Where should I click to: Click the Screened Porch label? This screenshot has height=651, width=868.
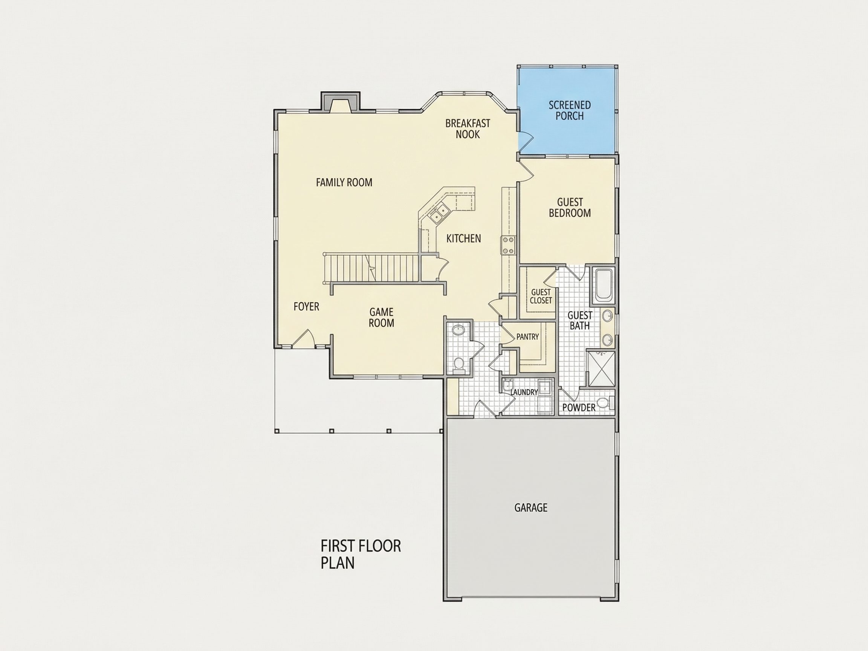click(569, 111)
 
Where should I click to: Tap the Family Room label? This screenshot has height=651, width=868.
click(344, 182)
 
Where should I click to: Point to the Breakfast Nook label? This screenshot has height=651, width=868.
click(468, 129)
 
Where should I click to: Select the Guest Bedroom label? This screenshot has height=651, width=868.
click(570, 208)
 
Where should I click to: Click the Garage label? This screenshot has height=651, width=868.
click(530, 508)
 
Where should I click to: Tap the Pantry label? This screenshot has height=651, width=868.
click(527, 337)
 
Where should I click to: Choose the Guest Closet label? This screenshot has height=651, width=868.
click(541, 296)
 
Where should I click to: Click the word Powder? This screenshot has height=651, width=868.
click(579, 408)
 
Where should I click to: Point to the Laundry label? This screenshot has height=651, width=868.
click(524, 392)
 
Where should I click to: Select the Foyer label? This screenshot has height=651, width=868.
click(306, 306)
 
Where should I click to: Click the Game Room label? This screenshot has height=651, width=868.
click(381, 318)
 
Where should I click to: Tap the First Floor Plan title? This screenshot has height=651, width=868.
click(361, 555)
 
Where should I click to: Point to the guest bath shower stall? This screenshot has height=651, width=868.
click(601, 368)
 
